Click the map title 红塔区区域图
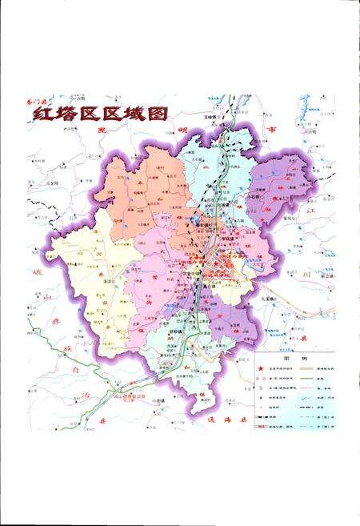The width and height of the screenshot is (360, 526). (x=99, y=113)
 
